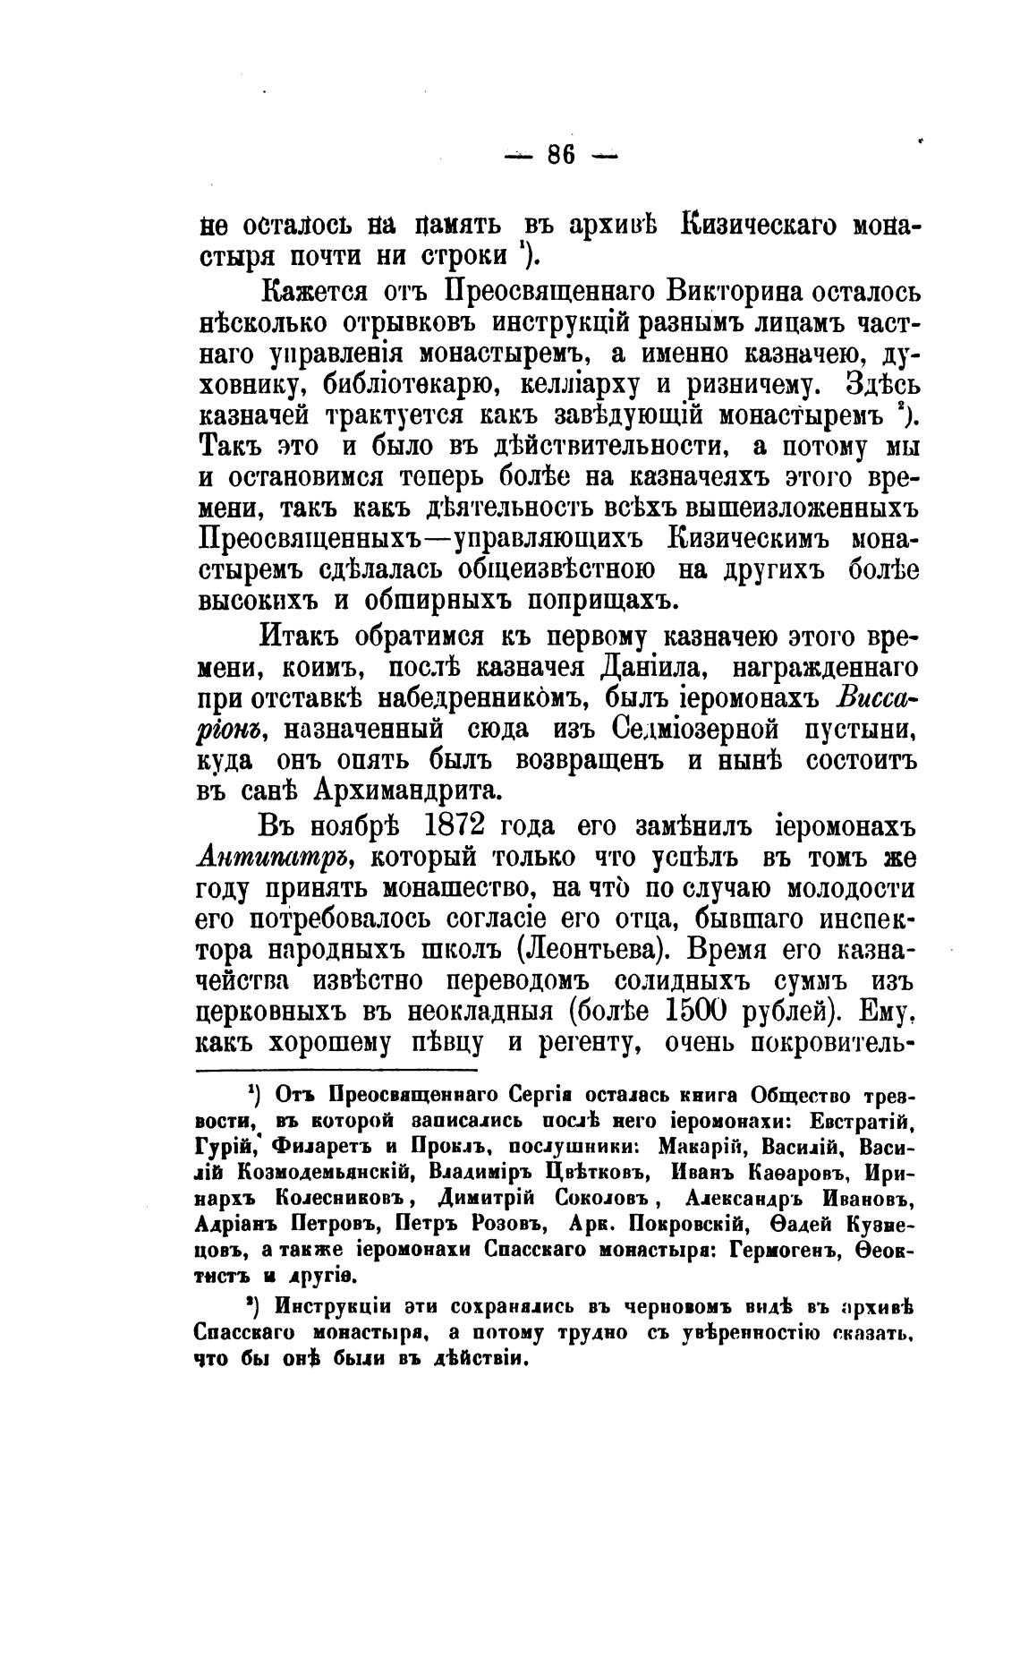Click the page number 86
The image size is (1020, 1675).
pyautogui.click(x=560, y=155)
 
